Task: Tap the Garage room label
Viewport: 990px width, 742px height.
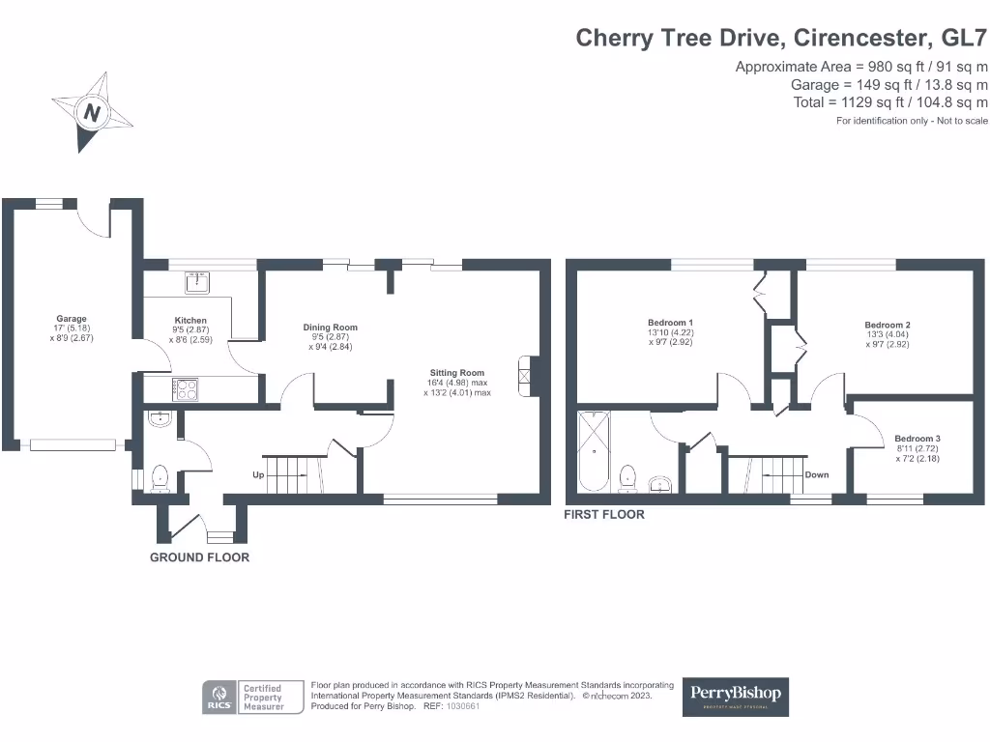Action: click(72, 319)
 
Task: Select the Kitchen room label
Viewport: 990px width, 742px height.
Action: click(190, 321)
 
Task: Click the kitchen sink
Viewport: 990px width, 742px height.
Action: click(198, 282)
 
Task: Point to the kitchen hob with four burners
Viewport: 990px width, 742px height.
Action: click(186, 389)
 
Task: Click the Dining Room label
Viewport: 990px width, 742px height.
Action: click(330, 328)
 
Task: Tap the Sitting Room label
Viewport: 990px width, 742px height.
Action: click(457, 373)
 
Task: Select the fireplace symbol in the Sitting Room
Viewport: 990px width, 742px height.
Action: click(525, 377)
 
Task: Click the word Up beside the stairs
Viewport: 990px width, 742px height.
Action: click(257, 475)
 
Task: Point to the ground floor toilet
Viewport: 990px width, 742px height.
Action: click(159, 477)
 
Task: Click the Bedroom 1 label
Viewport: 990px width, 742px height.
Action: click(671, 323)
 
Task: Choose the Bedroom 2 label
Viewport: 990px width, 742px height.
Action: click(888, 326)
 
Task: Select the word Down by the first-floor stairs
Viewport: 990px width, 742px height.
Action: click(817, 475)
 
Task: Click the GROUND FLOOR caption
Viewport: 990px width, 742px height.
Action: click(199, 557)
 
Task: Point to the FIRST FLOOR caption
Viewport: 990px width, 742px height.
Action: click(604, 516)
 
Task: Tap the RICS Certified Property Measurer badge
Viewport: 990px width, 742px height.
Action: click(244, 697)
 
